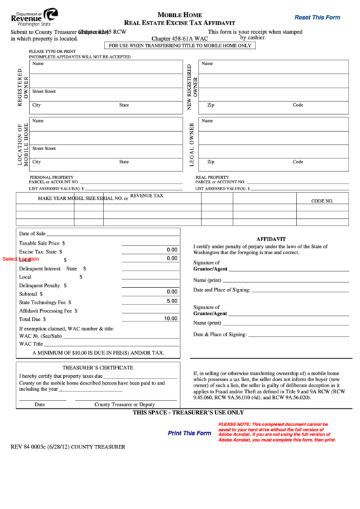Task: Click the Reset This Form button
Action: coord(317,17)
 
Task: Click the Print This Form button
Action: coord(190,433)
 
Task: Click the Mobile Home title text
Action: coord(179,14)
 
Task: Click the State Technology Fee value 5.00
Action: coord(172,300)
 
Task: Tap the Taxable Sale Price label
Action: coord(42,242)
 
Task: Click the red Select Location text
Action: coord(20,259)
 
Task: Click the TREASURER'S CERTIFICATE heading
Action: coord(98,367)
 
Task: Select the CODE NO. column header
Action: coord(322,201)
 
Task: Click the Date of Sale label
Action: coord(33,233)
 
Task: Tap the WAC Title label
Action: coord(31,344)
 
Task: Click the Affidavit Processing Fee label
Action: coord(46,309)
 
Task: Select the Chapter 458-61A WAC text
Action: coord(179,39)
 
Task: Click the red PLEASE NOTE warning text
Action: coord(276,432)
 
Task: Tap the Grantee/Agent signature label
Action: coord(210,313)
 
